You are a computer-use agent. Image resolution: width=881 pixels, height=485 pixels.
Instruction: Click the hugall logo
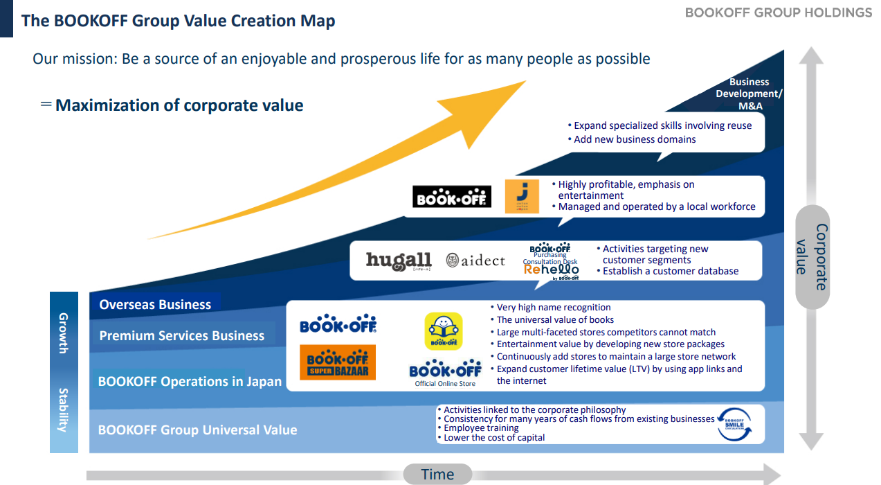pyautogui.click(x=399, y=261)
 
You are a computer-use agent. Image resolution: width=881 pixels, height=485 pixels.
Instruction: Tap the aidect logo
pyautogui.click(x=475, y=261)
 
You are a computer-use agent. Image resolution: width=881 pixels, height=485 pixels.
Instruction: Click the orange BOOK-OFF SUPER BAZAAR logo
pyautogui.click(x=338, y=362)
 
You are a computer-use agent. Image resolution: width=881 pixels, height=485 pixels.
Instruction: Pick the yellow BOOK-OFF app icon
pyautogui.click(x=443, y=331)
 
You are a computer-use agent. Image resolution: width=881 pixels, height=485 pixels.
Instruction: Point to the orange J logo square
pyautogui.click(x=522, y=197)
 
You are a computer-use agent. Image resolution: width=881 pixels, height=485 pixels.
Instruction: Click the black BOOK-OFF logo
pyautogui.click(x=452, y=197)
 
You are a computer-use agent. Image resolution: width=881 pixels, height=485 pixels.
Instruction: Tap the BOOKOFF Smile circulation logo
pyautogui.click(x=734, y=424)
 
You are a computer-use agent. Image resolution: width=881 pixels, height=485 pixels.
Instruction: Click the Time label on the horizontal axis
pyautogui.click(x=437, y=475)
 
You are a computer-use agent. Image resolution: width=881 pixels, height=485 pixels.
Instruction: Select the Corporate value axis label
pyautogui.click(x=812, y=257)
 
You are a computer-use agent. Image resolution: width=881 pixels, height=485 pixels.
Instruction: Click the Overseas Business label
pyautogui.click(x=155, y=304)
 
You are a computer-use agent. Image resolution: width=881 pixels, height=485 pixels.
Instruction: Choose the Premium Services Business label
pyautogui.click(x=182, y=335)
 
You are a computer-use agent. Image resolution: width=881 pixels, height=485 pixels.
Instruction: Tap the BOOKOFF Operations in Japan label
pyautogui.click(x=190, y=381)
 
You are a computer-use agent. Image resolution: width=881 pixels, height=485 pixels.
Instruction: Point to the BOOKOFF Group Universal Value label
pyautogui.click(x=197, y=430)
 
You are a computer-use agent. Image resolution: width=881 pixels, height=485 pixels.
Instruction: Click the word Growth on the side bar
pyautogui.click(x=63, y=333)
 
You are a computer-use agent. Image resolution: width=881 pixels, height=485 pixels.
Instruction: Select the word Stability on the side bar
pyautogui.click(x=63, y=409)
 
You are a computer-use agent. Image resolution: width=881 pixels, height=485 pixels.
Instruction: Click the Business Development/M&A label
pyautogui.click(x=750, y=94)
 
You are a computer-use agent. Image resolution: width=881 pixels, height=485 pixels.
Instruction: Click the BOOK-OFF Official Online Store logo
pyautogui.click(x=445, y=373)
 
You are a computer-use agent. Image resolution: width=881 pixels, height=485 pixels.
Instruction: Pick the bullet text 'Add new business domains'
pyautogui.click(x=632, y=139)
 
